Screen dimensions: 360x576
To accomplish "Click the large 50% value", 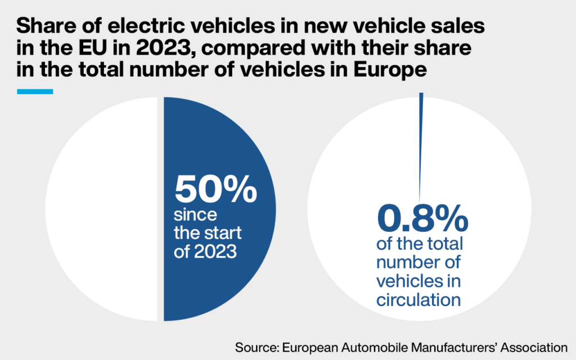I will (215, 190).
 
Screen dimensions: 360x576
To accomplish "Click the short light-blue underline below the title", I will (35, 91).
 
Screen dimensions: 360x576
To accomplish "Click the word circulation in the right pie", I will (418, 299).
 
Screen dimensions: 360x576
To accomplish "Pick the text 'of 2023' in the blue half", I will (205, 251).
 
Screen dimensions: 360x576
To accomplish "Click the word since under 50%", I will (195, 215).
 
